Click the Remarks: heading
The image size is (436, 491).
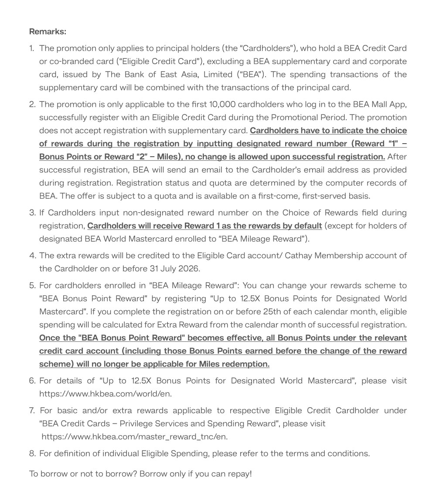click(48, 31)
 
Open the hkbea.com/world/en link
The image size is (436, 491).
click(106, 394)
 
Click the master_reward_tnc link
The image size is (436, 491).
click(134, 436)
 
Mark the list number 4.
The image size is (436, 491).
click(32, 255)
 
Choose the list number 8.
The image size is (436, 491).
click(32, 453)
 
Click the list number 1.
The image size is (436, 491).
click(31, 48)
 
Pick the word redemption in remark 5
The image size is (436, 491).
click(246, 364)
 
